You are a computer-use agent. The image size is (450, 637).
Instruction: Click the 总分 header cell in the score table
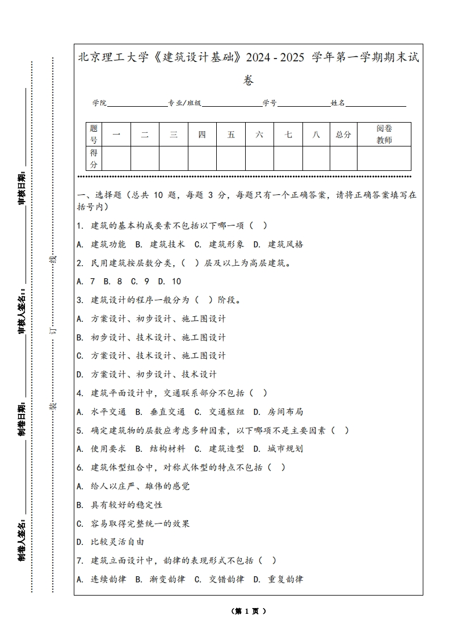point(343,135)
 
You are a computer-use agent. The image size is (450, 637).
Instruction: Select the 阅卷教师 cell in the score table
point(384,135)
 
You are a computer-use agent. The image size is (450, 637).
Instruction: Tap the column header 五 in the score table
point(231,135)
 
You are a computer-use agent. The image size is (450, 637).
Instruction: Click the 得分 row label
point(94,158)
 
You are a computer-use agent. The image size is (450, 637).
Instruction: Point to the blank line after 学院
point(137,104)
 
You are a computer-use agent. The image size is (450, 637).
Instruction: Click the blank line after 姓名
point(376,104)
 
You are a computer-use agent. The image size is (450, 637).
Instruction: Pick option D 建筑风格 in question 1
point(278,244)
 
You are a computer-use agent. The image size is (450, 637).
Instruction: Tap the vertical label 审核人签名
point(22,312)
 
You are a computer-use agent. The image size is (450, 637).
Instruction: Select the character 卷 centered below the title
point(249,80)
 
